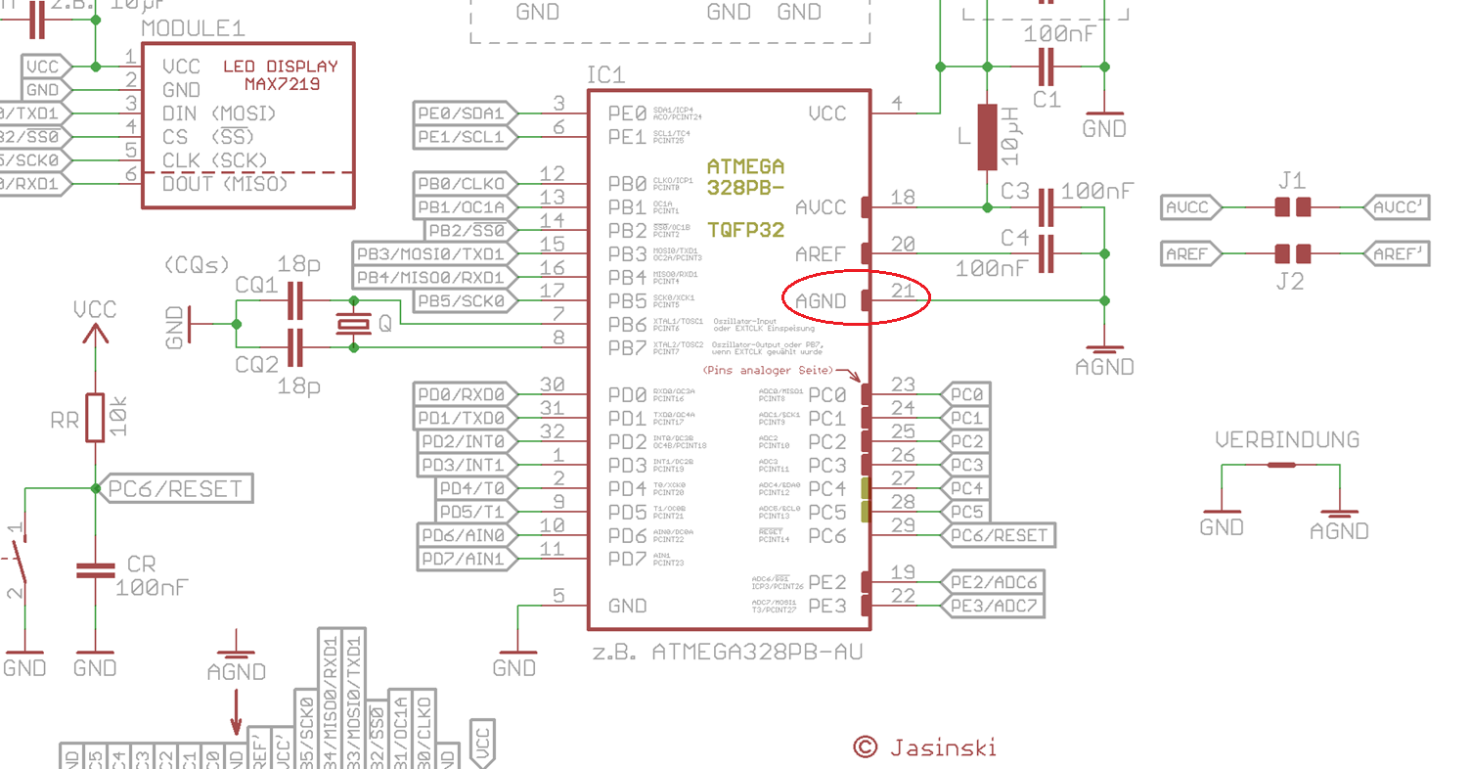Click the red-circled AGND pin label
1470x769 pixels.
click(820, 300)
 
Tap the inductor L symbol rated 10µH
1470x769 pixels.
click(987, 137)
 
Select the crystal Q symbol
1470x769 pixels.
click(353, 324)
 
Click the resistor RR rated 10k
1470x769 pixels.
click(95, 418)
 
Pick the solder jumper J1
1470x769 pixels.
click(1292, 207)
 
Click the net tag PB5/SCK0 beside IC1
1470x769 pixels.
click(462, 300)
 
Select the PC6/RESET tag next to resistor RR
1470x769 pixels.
click(176, 488)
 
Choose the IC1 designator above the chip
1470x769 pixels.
click(605, 75)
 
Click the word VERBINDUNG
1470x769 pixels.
click(1287, 440)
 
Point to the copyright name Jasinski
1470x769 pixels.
click(943, 747)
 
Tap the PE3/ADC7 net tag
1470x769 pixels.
click(993, 606)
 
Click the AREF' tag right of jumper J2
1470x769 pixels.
click(1397, 253)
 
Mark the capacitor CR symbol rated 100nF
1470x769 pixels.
click(95, 570)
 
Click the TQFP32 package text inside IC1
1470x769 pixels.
click(745, 231)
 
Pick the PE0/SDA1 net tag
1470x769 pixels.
click(462, 113)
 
